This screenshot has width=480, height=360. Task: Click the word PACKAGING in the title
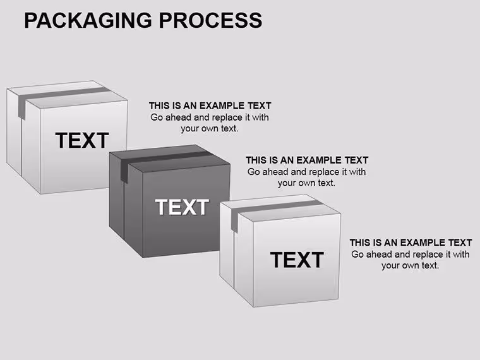(x=88, y=20)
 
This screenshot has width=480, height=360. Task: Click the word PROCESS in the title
(x=210, y=20)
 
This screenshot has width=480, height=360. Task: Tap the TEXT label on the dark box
(x=182, y=207)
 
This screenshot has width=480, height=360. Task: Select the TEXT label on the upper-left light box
(x=82, y=140)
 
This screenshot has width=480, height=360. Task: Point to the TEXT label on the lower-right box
(x=297, y=260)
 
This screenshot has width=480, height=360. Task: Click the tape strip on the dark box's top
(x=165, y=159)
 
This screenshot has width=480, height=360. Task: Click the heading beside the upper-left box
(x=210, y=105)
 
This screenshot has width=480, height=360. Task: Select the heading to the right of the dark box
(x=307, y=160)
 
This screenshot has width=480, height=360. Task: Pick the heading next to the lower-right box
(x=411, y=243)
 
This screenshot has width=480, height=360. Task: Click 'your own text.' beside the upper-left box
(x=210, y=128)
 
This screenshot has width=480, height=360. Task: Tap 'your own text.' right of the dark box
(x=306, y=183)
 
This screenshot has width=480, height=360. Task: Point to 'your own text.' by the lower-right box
(x=410, y=265)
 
